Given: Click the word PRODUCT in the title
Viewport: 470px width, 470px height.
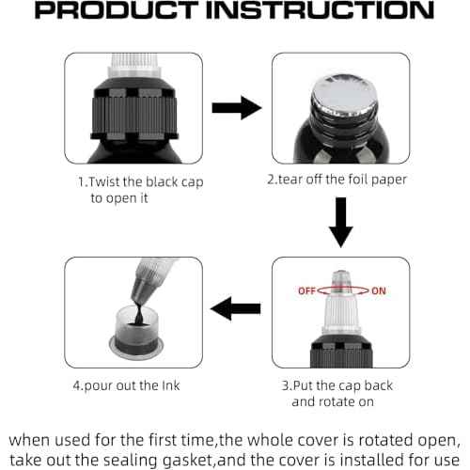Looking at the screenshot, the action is (117, 10).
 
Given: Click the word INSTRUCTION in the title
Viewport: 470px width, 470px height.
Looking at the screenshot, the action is (320, 10).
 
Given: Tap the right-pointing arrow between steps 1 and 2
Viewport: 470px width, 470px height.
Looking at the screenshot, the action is (237, 108).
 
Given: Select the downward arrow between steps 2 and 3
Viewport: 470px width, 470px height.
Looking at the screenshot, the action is (341, 222).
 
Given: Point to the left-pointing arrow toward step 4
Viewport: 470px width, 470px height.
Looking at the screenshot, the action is (236, 308).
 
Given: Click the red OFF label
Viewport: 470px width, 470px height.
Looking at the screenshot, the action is (306, 291).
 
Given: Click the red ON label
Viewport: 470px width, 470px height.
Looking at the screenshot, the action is (379, 291).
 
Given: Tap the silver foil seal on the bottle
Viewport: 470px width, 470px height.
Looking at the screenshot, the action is (344, 94).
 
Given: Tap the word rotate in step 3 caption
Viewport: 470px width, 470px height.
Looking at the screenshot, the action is (337, 401).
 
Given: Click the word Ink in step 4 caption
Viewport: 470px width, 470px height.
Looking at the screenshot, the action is (171, 385).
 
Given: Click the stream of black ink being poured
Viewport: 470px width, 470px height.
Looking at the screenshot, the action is (138, 312).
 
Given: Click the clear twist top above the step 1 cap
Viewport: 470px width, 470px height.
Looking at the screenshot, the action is (134, 66).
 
